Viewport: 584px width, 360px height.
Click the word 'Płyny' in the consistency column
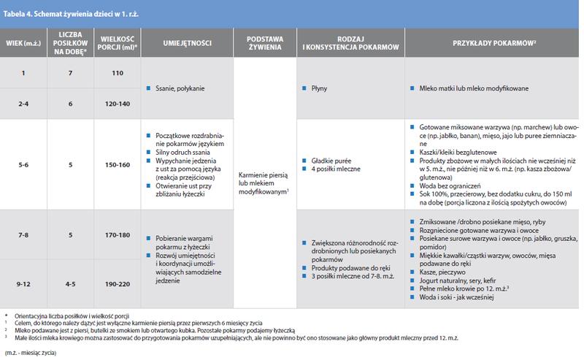(319, 89)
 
